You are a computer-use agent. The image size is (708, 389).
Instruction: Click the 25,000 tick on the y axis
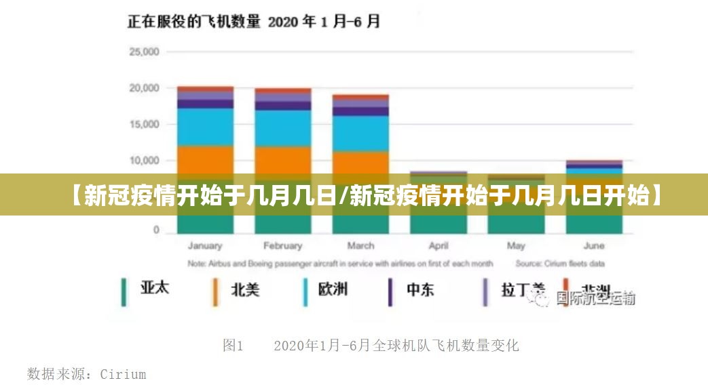pos(143,52)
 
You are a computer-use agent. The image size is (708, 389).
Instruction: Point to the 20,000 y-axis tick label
pos(143,88)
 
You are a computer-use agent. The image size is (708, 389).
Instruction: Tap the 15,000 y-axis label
pos(143,125)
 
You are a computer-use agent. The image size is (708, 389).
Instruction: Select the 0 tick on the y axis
pos(155,230)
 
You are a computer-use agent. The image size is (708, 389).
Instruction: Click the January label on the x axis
pos(205,246)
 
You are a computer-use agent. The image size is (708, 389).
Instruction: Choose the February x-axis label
pos(282,246)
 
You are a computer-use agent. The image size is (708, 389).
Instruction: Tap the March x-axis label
pos(360,246)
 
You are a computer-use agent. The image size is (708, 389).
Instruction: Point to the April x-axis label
pos(439,246)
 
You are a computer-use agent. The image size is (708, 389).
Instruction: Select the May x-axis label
pos(516,246)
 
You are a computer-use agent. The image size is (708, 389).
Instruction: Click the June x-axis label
pos(594,246)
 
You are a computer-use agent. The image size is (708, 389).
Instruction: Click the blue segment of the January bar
pos(205,127)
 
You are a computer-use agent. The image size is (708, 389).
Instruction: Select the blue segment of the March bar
pos(360,134)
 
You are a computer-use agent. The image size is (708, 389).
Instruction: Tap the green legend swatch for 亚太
pos(124,292)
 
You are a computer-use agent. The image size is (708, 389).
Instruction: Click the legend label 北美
pos(245,290)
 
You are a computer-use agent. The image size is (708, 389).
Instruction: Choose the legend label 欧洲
pos(333,289)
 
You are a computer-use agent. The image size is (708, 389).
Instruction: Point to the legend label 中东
pos(420,290)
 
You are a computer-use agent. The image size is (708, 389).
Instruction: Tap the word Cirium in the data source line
pos(123,374)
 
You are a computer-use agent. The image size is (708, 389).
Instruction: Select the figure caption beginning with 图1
pos(371,346)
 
